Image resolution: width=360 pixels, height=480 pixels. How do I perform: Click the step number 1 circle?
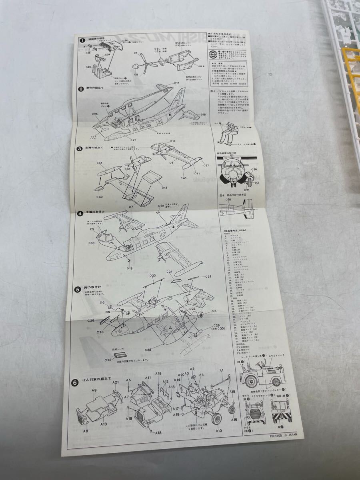[82, 40]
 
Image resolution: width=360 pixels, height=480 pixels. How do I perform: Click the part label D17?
[176, 83]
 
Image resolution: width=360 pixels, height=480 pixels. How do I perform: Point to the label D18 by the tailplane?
[203, 114]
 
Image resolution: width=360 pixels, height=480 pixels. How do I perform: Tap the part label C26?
[95, 114]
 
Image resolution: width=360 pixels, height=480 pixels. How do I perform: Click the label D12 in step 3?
[164, 187]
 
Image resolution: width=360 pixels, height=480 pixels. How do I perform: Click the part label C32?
[208, 276]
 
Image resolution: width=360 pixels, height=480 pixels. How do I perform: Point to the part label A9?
[94, 390]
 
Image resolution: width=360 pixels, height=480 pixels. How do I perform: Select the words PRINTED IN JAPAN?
[284, 437]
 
